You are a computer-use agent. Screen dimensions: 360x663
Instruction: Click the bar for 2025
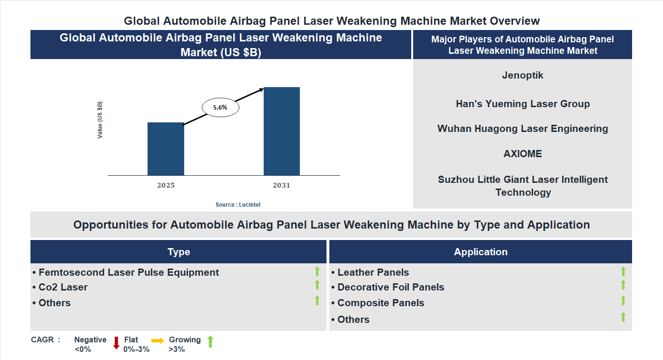[x=166, y=149]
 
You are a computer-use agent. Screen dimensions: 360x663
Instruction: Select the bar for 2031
[x=282, y=131]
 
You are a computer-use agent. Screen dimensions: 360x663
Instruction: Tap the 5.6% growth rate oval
[x=220, y=108]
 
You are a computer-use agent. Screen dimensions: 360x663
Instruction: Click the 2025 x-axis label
[x=166, y=185]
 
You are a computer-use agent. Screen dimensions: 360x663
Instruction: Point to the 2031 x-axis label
[x=281, y=185]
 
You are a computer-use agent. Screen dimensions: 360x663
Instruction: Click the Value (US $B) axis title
[x=100, y=120]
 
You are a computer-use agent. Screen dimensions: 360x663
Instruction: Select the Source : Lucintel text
[x=238, y=204]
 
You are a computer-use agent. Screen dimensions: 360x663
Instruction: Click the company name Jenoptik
[x=523, y=75]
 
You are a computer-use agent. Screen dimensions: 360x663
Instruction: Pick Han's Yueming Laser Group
[x=523, y=104]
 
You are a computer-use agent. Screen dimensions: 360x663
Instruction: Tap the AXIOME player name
[x=523, y=154]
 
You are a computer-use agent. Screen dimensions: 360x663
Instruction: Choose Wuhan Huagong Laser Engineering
[x=523, y=129]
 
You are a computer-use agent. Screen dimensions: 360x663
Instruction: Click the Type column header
[x=178, y=252]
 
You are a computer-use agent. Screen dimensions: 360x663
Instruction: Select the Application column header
[x=481, y=252]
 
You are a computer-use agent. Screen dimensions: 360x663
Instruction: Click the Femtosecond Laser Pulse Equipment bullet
[x=126, y=272]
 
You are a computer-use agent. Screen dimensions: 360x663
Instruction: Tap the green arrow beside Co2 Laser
[x=317, y=285]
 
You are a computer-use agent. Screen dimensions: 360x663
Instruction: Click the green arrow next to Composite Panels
[x=623, y=300]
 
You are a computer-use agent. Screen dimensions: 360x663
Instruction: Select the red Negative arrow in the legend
[x=116, y=343]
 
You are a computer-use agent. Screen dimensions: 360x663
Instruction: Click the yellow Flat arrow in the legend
[x=158, y=340]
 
